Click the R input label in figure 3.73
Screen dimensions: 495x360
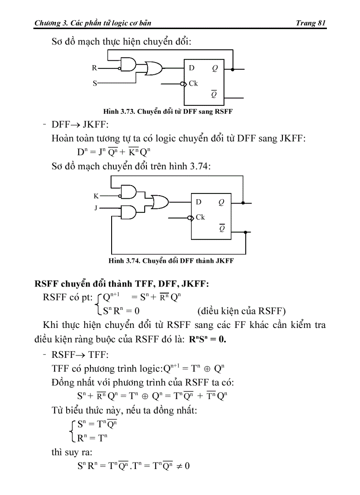[94, 68]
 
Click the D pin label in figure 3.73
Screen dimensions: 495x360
[191, 68]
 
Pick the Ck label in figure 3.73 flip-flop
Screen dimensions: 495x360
[193, 83]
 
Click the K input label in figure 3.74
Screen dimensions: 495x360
[96, 196]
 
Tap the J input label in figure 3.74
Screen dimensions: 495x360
[96, 207]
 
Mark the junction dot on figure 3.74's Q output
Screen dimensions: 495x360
[243, 203]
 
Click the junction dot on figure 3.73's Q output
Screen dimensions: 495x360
[232, 69]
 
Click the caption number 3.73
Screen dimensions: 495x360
[127, 112]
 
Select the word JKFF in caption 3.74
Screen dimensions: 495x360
[225, 261]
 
